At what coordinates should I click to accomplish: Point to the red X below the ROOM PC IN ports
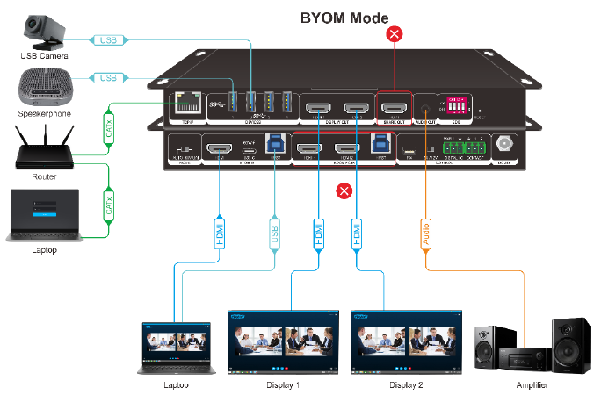pyautogui.click(x=344, y=190)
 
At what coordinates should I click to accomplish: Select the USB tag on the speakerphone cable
pyautogui.click(x=106, y=78)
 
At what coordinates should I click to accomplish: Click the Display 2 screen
pyautogui.click(x=406, y=341)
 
